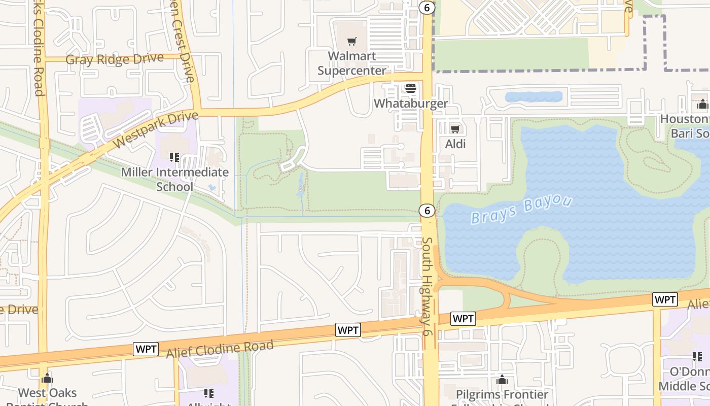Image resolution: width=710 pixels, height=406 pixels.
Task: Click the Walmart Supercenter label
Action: [351, 63]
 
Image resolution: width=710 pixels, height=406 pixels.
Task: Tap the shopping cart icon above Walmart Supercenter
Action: [351, 41]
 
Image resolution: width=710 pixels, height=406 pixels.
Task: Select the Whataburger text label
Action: [411, 104]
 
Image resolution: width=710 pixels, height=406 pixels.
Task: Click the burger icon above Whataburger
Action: [410, 88]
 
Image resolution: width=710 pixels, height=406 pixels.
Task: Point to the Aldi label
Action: [455, 144]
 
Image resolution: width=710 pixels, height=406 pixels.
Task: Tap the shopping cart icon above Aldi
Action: [455, 129]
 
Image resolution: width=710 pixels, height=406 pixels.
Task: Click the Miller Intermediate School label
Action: [174, 179]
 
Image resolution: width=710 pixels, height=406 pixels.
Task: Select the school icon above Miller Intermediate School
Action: [174, 157]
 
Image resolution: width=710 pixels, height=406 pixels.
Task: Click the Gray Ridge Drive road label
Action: [115, 59]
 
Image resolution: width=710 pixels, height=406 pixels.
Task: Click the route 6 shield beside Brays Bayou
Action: [427, 210]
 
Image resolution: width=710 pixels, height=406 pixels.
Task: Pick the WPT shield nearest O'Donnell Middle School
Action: [664, 299]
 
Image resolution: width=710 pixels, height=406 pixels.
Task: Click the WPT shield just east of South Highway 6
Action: [463, 319]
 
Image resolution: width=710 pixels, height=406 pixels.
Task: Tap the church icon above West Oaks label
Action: [47, 378]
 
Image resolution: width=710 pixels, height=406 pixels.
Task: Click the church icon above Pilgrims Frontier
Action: [502, 380]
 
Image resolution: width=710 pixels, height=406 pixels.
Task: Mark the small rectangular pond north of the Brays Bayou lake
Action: [534, 96]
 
